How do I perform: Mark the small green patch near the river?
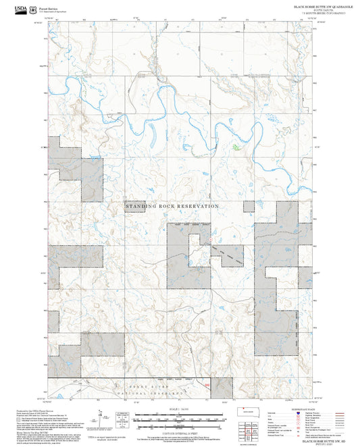[x=236, y=147]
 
